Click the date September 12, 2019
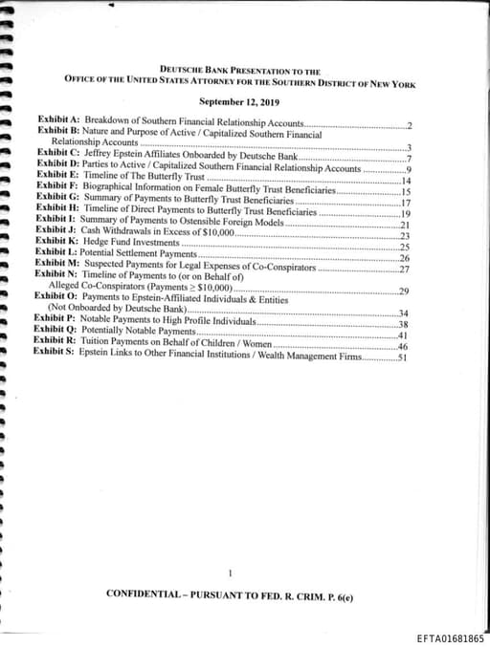[x=239, y=101]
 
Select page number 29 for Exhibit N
[x=404, y=291]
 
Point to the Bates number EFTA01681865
[x=451, y=637]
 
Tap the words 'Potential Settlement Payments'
[x=138, y=253]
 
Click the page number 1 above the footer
[x=232, y=573]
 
